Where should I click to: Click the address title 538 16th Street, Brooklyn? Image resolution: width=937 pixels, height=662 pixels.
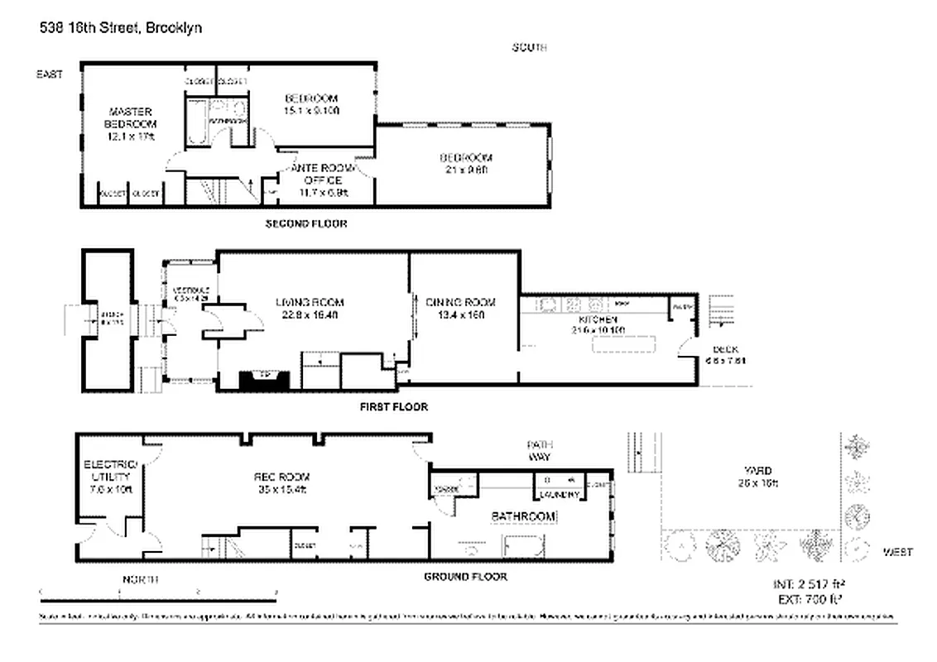[x=120, y=27]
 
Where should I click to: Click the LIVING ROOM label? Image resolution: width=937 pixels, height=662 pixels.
[x=309, y=308]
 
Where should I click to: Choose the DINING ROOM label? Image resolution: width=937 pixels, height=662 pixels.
[x=460, y=308]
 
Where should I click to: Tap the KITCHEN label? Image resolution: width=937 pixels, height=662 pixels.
[x=598, y=324]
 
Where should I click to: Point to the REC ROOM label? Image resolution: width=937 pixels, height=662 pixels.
[x=281, y=482]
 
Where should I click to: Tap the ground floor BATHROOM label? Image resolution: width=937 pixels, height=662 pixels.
[x=523, y=516]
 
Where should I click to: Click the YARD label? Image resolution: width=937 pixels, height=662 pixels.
[x=757, y=476]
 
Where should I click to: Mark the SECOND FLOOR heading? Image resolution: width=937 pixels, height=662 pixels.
[x=305, y=223]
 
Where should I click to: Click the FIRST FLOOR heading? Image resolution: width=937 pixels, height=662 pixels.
[x=393, y=407]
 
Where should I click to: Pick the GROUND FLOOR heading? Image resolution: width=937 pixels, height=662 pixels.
[x=464, y=577]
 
